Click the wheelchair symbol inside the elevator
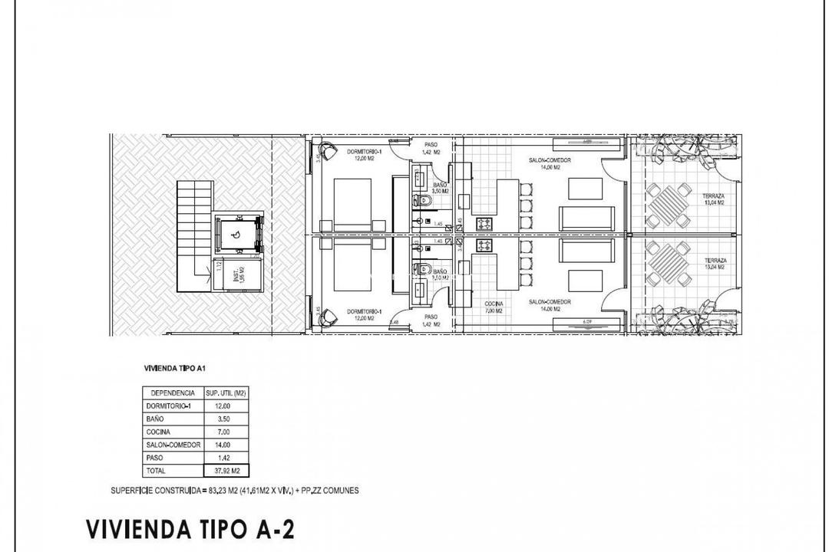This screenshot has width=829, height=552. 236,235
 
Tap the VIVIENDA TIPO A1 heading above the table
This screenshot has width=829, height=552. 174,368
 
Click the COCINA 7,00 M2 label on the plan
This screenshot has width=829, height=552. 493,307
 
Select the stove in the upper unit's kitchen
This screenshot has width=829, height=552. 484,225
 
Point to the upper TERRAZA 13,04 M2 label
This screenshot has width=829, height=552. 714,199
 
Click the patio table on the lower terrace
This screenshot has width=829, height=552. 665,262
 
